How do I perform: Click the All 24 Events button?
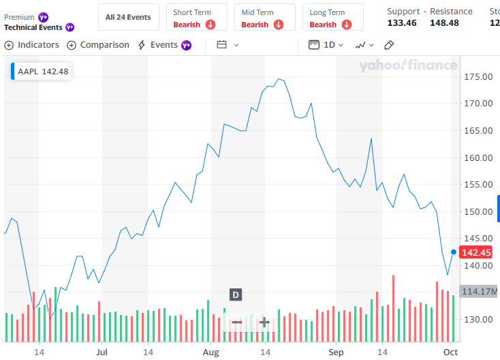point(128,17)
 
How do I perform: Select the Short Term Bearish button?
point(196,18)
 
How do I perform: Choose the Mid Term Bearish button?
point(264,18)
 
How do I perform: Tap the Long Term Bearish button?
point(332,18)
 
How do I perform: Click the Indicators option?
point(32,45)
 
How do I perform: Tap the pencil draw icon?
point(389,45)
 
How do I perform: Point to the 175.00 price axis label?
point(478,76)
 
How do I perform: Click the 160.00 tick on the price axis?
point(478,157)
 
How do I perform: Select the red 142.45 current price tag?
point(477,252)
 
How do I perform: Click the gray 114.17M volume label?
point(480,292)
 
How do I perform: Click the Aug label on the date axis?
point(210,352)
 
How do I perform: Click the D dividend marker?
point(235,295)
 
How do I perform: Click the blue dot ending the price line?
point(454,252)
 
